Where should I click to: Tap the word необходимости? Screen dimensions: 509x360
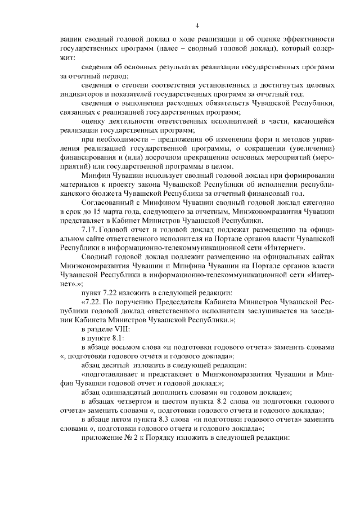[121, 138]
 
